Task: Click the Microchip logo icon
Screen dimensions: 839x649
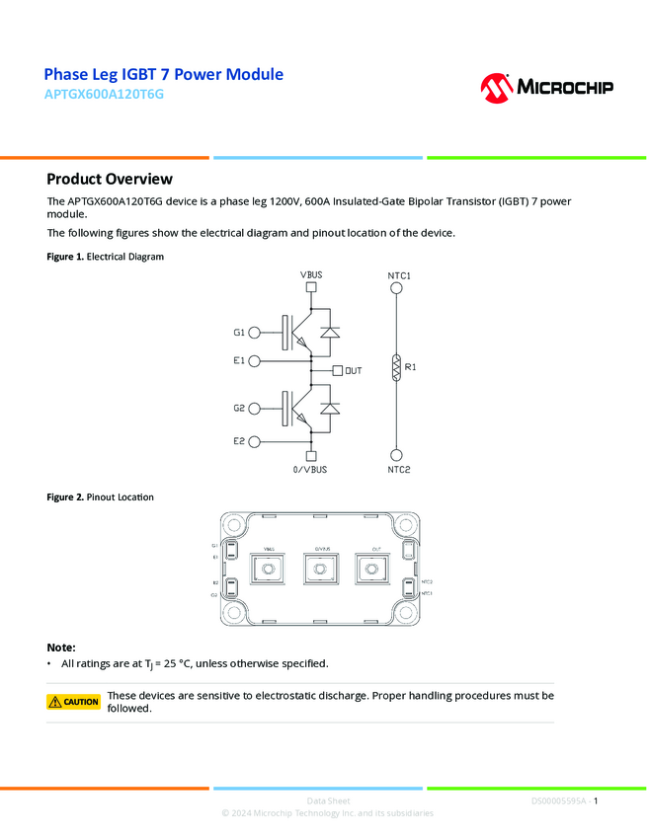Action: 496,88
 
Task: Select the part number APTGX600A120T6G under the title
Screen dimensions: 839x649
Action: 104,95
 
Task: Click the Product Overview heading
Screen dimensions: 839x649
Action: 110,179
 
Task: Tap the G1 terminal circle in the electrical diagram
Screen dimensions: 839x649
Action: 255,334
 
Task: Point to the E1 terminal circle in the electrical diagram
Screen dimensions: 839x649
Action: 255,361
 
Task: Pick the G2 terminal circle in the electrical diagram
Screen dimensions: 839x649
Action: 255,408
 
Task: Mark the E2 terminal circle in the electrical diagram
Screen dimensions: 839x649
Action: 255,441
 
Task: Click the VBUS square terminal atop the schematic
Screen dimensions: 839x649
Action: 311,288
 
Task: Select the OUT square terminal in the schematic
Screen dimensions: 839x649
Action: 338,371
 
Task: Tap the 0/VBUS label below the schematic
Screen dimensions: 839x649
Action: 310,470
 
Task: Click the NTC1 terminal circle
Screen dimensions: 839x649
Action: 397,288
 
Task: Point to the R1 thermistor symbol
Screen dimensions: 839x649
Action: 397,367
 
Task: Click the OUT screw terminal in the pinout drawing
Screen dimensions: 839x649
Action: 373,569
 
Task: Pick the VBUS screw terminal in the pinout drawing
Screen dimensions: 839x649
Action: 268,569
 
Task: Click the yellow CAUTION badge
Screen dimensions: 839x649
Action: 74,702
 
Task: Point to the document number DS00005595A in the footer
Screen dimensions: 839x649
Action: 559,801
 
